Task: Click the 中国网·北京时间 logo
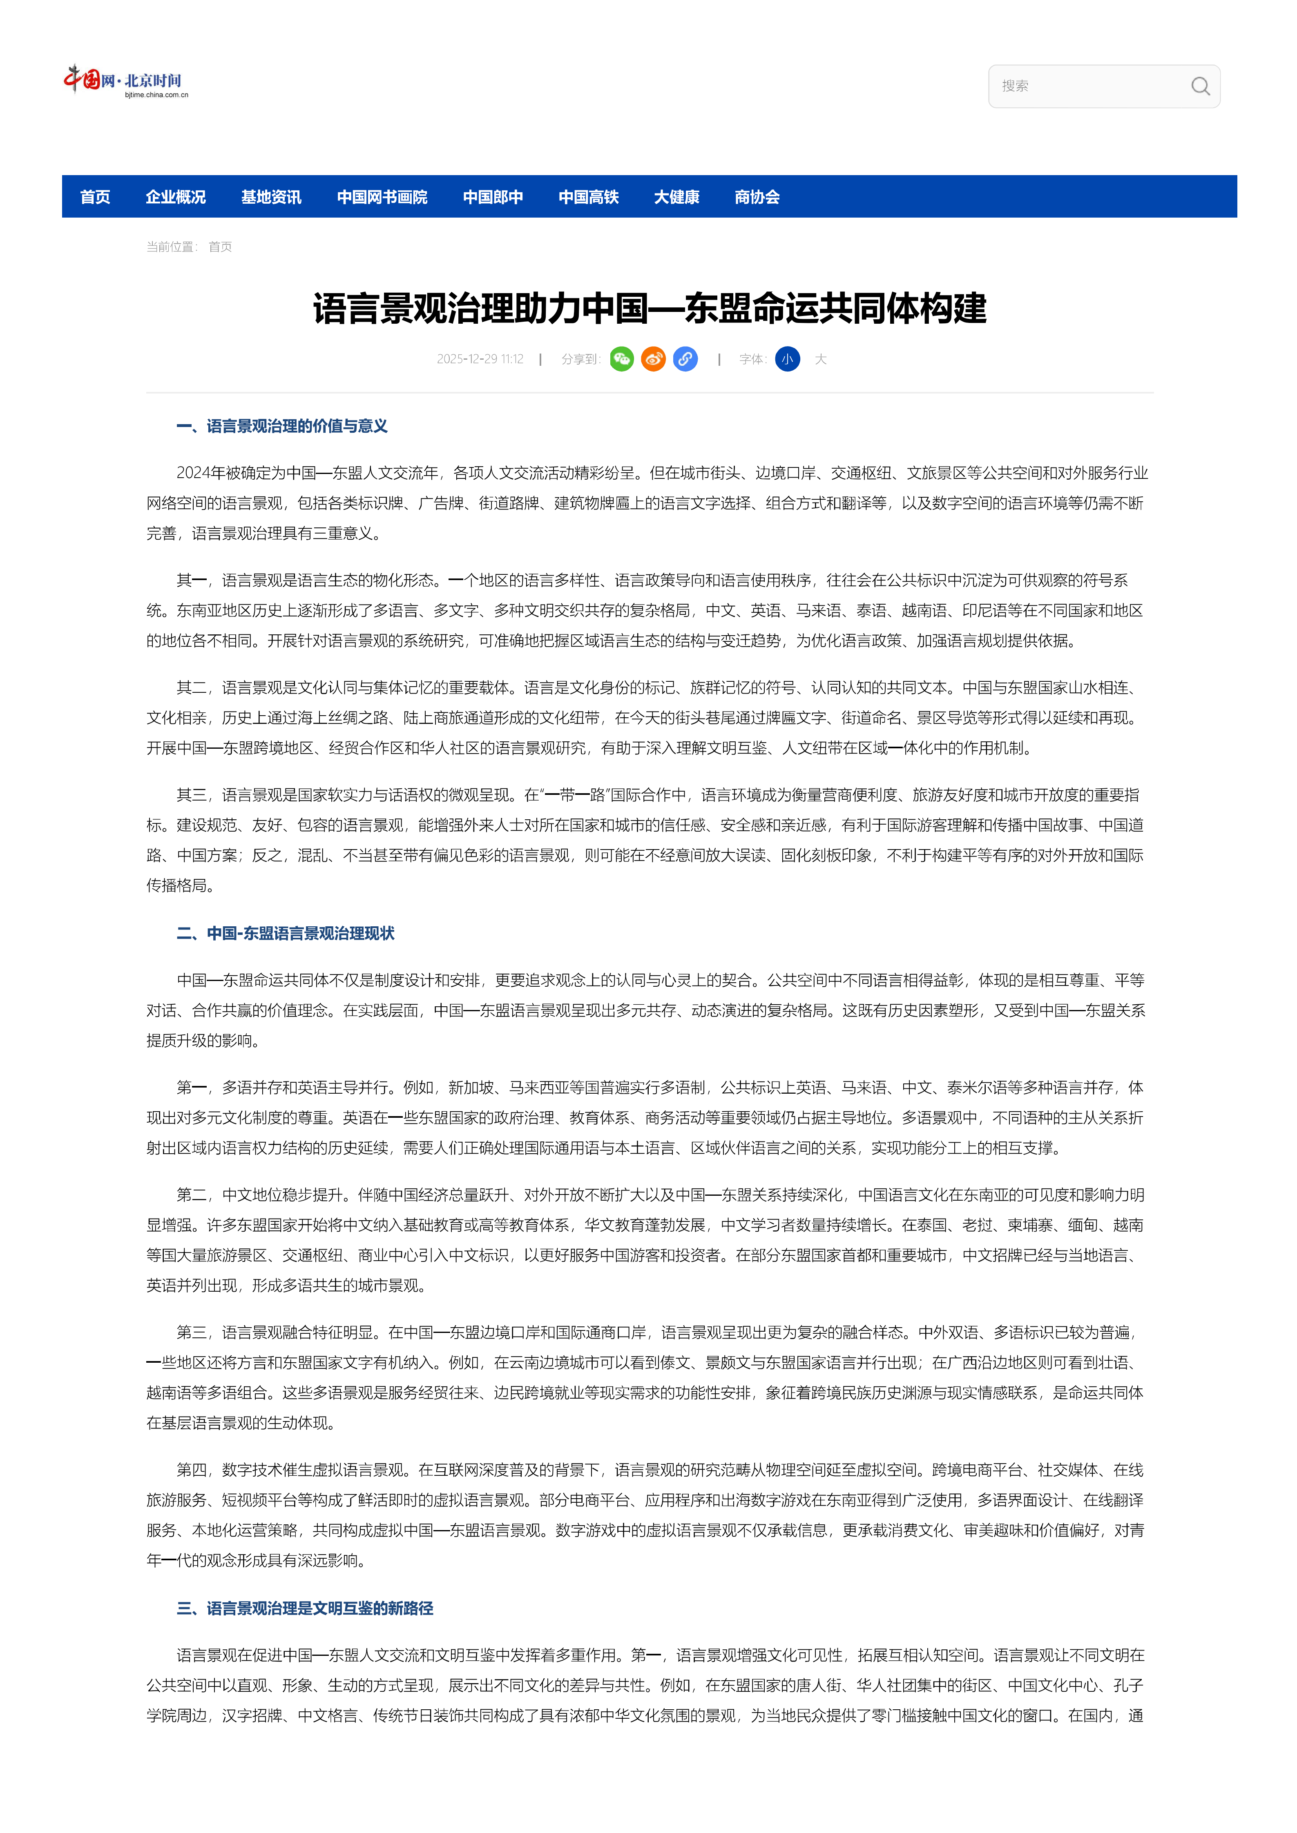[125, 81]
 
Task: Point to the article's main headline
[649, 308]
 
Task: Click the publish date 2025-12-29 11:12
[480, 359]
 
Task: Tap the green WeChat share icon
[621, 359]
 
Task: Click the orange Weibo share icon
[653, 359]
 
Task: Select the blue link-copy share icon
[685, 359]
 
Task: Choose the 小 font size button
[788, 359]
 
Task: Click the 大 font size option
[820, 359]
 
